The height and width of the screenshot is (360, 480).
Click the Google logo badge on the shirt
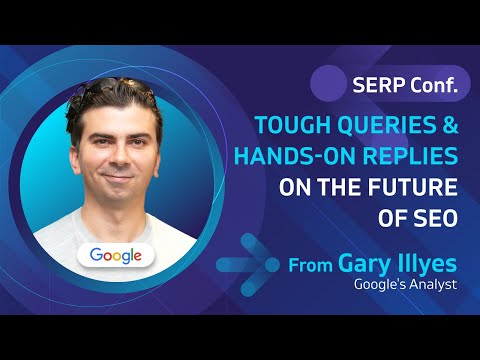pos(116,255)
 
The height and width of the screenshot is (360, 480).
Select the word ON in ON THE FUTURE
pos(290,187)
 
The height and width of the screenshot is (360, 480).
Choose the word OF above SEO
pos(391,217)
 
